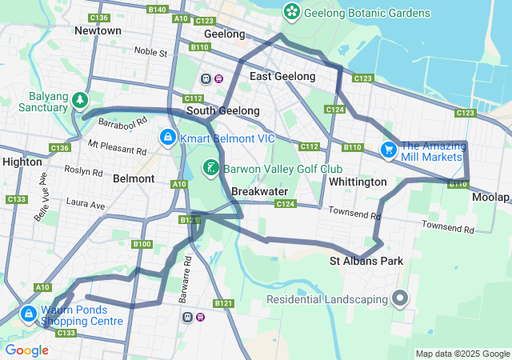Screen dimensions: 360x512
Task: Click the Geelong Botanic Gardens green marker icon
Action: [x=292, y=12]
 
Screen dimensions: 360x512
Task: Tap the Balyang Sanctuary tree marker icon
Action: [x=79, y=100]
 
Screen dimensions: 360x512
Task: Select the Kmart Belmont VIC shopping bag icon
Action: [x=167, y=138]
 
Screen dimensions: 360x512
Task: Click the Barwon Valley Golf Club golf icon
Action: [x=210, y=168]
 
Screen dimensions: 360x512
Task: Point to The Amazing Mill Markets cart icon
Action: [x=388, y=149]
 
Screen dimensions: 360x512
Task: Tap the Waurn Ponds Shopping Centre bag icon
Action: [x=29, y=314]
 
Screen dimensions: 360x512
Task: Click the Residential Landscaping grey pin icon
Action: [x=401, y=299]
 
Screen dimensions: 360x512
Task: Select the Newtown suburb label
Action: [x=98, y=30]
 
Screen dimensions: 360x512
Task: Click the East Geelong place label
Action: [x=282, y=76]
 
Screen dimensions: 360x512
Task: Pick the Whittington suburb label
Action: [x=358, y=182]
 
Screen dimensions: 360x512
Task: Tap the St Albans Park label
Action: [x=366, y=262]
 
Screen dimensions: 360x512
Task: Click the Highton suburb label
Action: [x=22, y=162]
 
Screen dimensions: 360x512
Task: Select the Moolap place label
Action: [x=490, y=197]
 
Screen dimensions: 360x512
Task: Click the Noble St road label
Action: [x=150, y=52]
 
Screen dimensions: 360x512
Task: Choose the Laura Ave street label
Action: [x=86, y=205]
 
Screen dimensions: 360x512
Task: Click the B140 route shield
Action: [x=158, y=10]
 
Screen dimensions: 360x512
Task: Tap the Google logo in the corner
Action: [x=26, y=350]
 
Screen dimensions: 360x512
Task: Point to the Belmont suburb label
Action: [x=134, y=178]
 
